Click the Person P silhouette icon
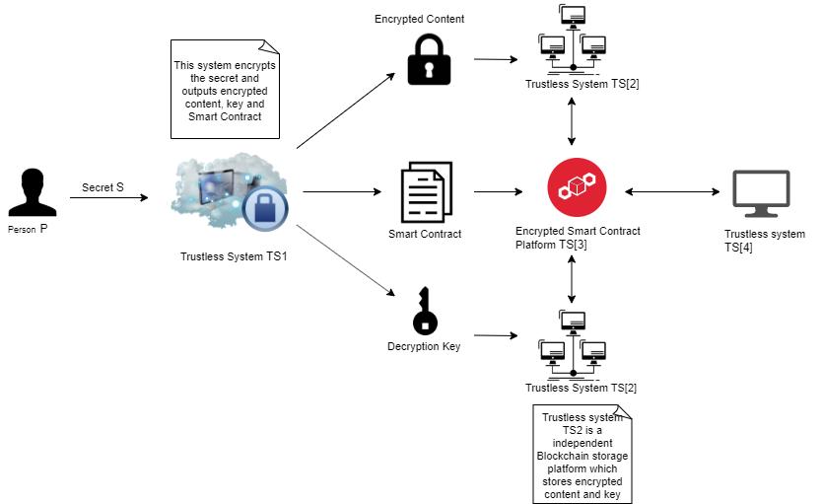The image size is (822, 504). (33, 192)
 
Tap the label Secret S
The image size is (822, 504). (103, 187)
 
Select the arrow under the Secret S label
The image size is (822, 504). (109, 197)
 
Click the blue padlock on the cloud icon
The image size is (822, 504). (265, 209)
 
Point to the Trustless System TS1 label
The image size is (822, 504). (234, 256)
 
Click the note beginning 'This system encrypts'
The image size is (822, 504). (225, 89)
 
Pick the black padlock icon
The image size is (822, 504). (429, 59)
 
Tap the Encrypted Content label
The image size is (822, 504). (420, 19)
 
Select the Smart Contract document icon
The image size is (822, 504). (426, 192)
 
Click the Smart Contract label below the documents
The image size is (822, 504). (425, 234)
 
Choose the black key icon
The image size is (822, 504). (425, 311)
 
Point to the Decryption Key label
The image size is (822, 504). (424, 346)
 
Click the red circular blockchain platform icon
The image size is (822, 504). (577, 187)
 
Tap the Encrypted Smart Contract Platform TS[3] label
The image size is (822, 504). (578, 238)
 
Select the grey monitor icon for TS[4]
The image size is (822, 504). (761, 193)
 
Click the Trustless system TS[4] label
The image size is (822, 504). (765, 241)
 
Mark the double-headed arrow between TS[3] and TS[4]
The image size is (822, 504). (672, 192)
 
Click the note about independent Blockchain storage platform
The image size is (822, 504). (582, 455)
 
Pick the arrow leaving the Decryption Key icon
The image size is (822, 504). (496, 335)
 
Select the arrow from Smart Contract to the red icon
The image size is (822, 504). (498, 192)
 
